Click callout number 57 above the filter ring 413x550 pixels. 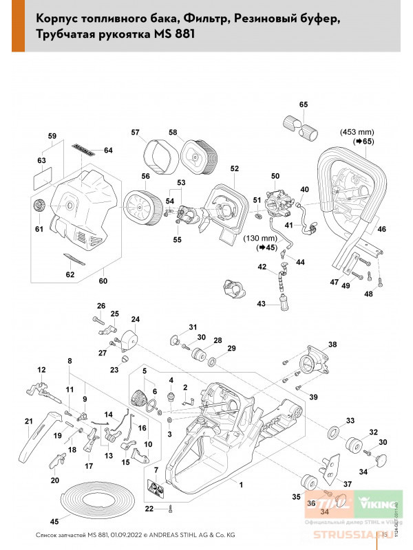(136, 132)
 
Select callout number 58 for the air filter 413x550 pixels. (173, 132)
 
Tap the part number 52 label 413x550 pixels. (234, 168)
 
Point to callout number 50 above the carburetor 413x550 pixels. (275, 176)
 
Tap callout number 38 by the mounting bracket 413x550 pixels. (332, 344)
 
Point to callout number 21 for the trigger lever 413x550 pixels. (28, 421)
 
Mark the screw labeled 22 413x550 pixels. (169, 509)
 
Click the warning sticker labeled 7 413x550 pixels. (156, 489)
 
